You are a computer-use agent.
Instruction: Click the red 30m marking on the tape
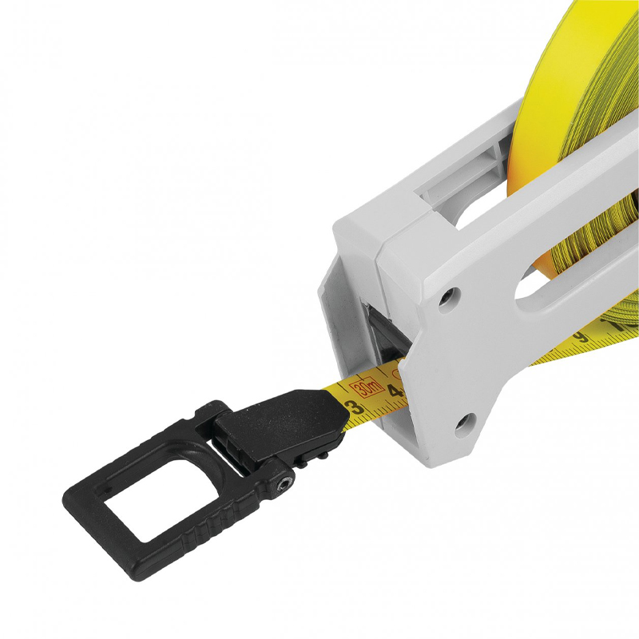(369, 388)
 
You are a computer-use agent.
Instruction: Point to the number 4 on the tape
(393, 391)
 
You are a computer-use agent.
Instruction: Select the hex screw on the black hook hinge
(282, 484)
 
